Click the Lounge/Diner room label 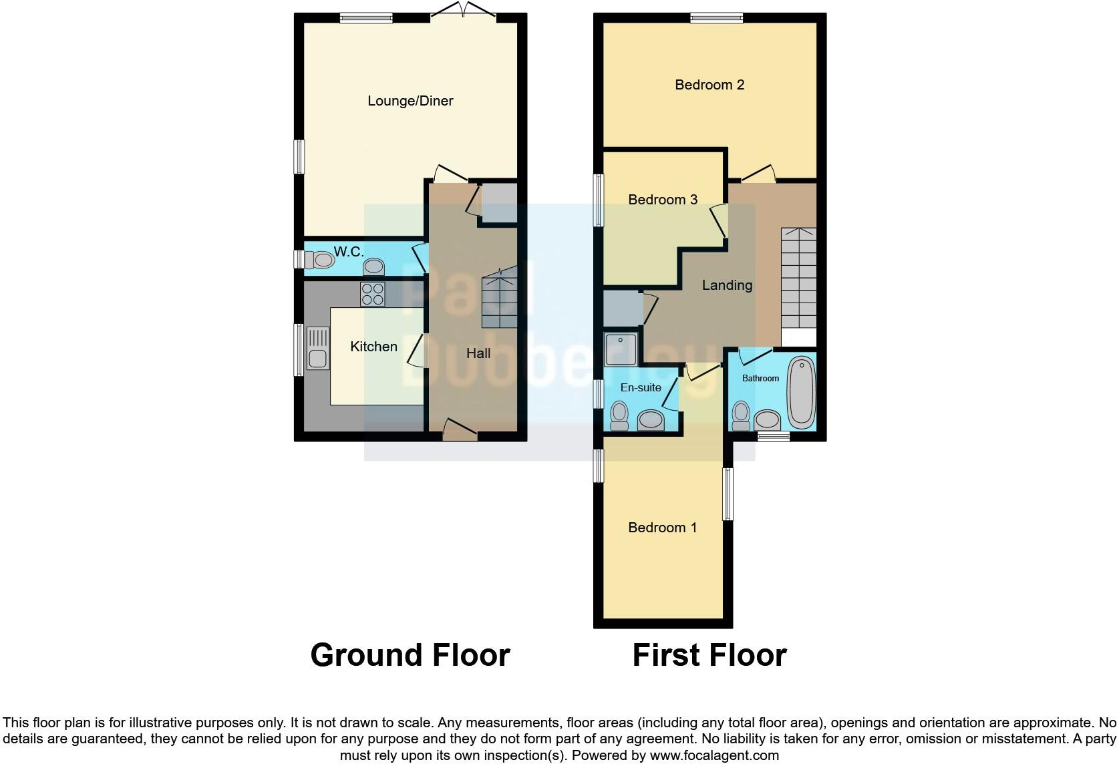410,101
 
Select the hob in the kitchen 373,294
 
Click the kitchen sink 317,349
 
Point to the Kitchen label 373,346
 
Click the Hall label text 478,353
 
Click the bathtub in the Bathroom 800,392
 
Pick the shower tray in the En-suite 621,349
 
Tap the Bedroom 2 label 709,85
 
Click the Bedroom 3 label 663,200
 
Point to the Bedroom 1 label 663,528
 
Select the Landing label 727,285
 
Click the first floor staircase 799,278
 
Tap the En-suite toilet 619,416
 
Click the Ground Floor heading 410,655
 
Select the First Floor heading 709,655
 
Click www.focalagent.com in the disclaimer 713,756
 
